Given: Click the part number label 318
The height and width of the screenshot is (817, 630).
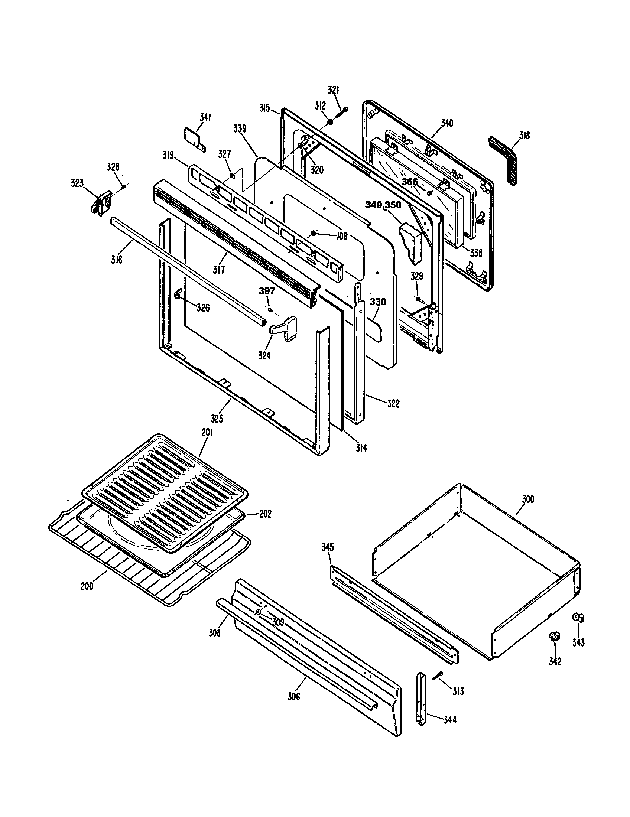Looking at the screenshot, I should (x=525, y=136).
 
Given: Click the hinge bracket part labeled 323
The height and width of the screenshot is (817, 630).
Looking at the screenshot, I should (x=102, y=202).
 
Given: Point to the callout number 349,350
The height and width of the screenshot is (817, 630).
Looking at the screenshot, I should (x=383, y=205).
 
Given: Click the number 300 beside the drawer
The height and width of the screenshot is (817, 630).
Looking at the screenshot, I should (x=528, y=499).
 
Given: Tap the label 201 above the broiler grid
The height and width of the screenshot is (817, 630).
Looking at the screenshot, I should (x=207, y=433).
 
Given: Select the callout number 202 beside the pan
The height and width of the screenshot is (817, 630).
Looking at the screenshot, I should (x=265, y=514).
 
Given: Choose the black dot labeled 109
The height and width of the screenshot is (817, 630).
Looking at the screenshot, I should (x=314, y=234).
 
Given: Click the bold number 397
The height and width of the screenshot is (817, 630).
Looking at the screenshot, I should (x=267, y=291).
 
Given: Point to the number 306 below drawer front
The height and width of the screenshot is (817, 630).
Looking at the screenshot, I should (x=294, y=697).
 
